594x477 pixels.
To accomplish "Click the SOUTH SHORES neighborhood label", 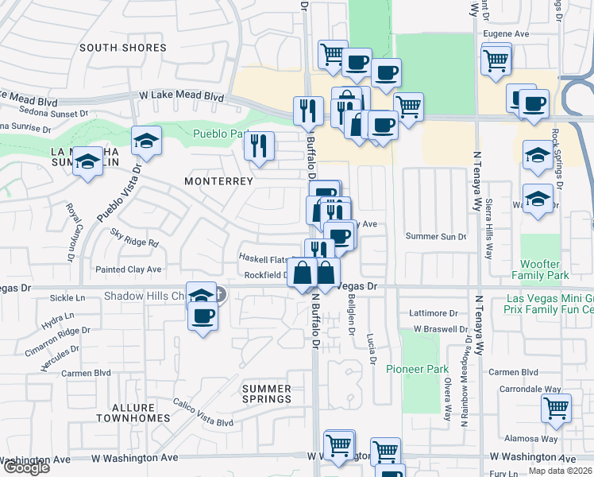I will (x=123, y=48).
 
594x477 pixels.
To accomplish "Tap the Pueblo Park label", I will (x=219, y=134).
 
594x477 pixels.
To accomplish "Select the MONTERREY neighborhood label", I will (x=218, y=181).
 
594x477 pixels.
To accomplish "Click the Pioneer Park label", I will (x=417, y=369).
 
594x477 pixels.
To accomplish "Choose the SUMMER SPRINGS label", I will (x=266, y=393).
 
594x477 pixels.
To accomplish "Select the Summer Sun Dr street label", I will (x=436, y=237).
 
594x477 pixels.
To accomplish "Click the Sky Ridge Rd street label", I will (x=135, y=238).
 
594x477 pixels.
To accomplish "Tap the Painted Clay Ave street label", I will (x=129, y=270).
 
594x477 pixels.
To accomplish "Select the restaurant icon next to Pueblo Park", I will (x=259, y=145).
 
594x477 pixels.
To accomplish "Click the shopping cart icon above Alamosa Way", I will (x=556, y=408).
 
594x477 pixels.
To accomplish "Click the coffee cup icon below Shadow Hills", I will (x=202, y=316).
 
